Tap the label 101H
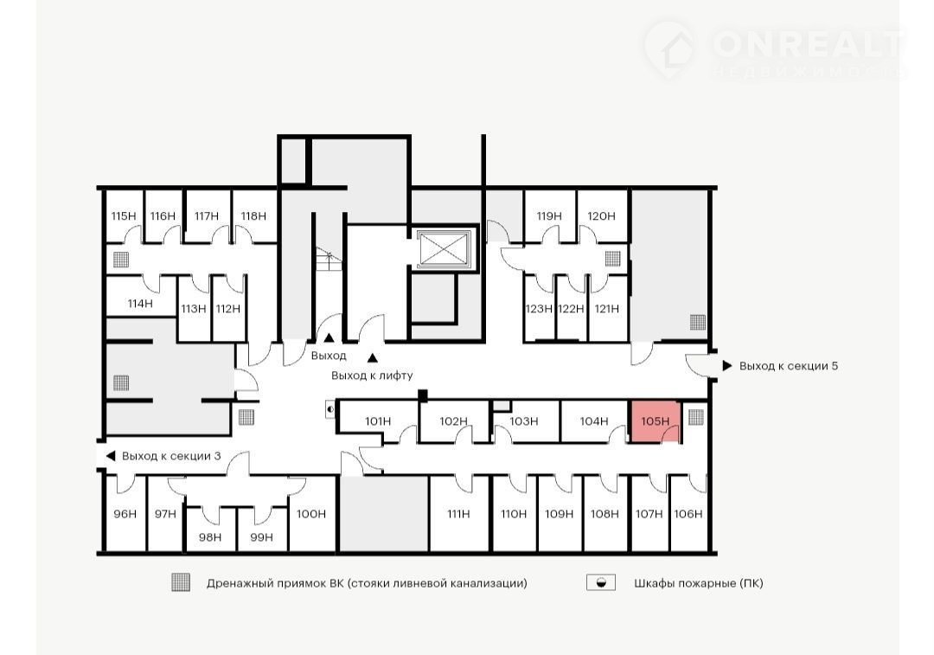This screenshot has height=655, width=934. (x=378, y=421)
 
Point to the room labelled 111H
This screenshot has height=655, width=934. (x=458, y=513)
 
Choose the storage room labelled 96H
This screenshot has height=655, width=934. (x=125, y=513)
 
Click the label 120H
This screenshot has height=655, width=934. (x=601, y=215)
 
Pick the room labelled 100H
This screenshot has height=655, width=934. (x=311, y=513)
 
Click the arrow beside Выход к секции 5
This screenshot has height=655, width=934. (x=726, y=365)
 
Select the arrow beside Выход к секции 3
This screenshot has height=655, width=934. (x=110, y=456)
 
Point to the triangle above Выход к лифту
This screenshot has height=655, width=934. (x=372, y=358)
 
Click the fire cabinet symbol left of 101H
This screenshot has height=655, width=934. (x=330, y=409)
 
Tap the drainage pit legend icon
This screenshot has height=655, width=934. (x=181, y=582)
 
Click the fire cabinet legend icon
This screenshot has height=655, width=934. (x=601, y=582)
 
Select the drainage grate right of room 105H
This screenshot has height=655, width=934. (x=695, y=416)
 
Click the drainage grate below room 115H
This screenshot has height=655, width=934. (x=121, y=260)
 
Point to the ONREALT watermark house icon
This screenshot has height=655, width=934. (x=669, y=50)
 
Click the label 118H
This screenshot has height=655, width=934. (x=253, y=215)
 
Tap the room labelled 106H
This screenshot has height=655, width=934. (x=688, y=513)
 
